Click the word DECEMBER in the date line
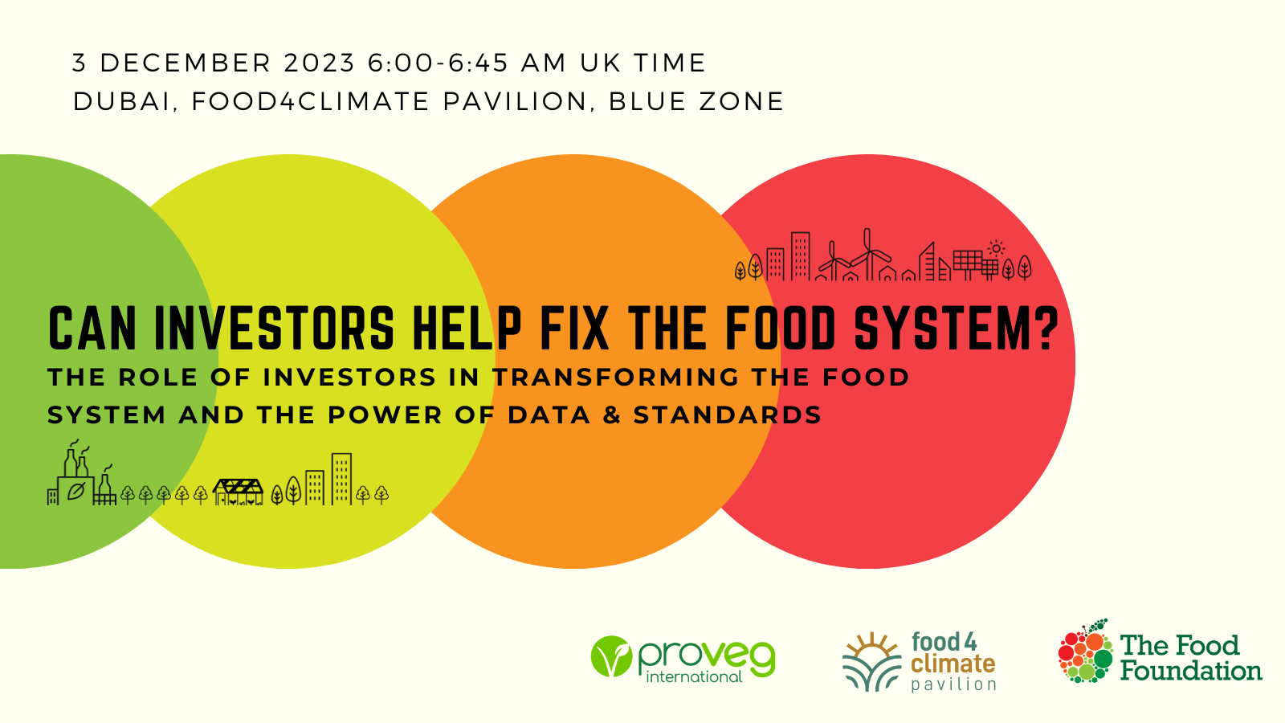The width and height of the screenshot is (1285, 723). pos(186,63)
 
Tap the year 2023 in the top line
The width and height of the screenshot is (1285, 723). pos(320,63)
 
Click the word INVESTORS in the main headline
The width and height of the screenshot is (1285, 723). pos(274,329)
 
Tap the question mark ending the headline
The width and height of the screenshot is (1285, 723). pos(1046,329)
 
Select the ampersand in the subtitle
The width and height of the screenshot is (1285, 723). pos(612,415)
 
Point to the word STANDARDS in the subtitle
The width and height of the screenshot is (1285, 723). pos(728,415)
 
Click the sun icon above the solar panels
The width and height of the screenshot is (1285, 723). pos(997,248)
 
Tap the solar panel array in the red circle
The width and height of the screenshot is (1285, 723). pos(975,265)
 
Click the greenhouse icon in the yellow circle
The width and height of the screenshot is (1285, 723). pos(238,492)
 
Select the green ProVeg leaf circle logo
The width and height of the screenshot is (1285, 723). pos(611,656)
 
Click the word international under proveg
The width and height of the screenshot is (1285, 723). pos(694,677)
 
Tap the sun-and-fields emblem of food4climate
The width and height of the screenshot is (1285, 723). pos(872,662)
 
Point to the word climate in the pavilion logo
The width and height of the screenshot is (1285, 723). pos(953,664)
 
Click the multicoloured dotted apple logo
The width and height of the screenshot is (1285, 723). pos(1085,652)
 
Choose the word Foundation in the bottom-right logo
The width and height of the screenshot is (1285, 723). pos(1191,671)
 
